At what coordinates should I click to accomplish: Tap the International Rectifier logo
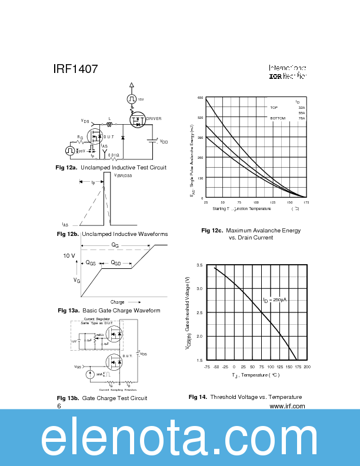288,72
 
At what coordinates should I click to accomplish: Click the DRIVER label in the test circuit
154,119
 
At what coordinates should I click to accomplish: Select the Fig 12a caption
111,168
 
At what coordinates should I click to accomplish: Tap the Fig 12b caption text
112,234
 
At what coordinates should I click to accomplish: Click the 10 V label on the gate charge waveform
69,256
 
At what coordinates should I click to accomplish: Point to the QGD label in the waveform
114,264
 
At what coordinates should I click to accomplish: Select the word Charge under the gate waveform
117,302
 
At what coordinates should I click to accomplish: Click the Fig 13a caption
109,311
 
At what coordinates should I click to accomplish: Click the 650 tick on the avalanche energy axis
201,98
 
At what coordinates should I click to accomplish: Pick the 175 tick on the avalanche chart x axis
306,202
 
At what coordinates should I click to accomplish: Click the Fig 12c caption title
251,231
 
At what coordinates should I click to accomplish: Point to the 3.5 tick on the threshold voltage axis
199,266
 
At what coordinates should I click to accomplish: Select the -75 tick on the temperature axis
206,367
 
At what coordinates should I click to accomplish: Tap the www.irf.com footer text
287,406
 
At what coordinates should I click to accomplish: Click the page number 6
59,406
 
